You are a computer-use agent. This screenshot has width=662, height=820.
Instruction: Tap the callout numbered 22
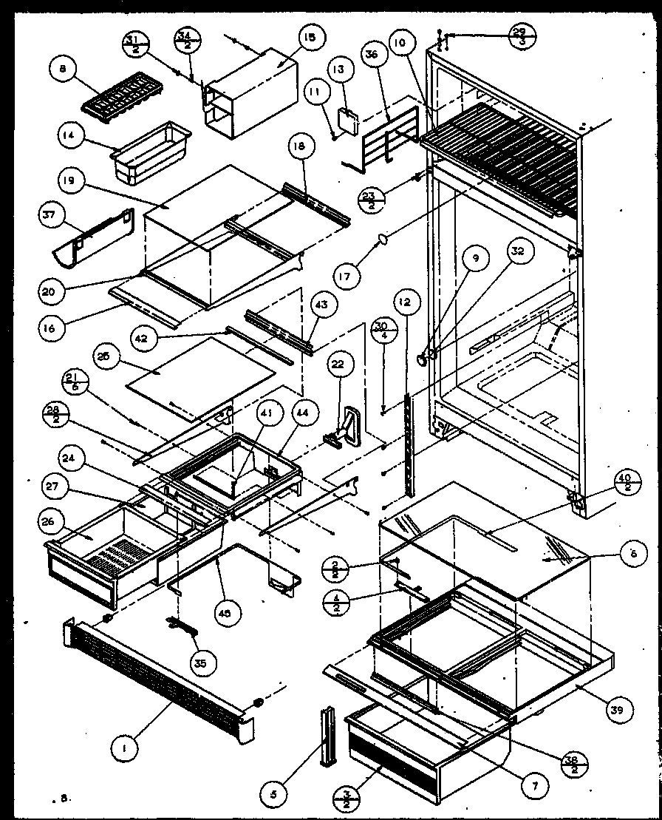click(x=338, y=365)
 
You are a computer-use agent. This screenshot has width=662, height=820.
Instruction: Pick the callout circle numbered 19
click(x=78, y=181)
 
